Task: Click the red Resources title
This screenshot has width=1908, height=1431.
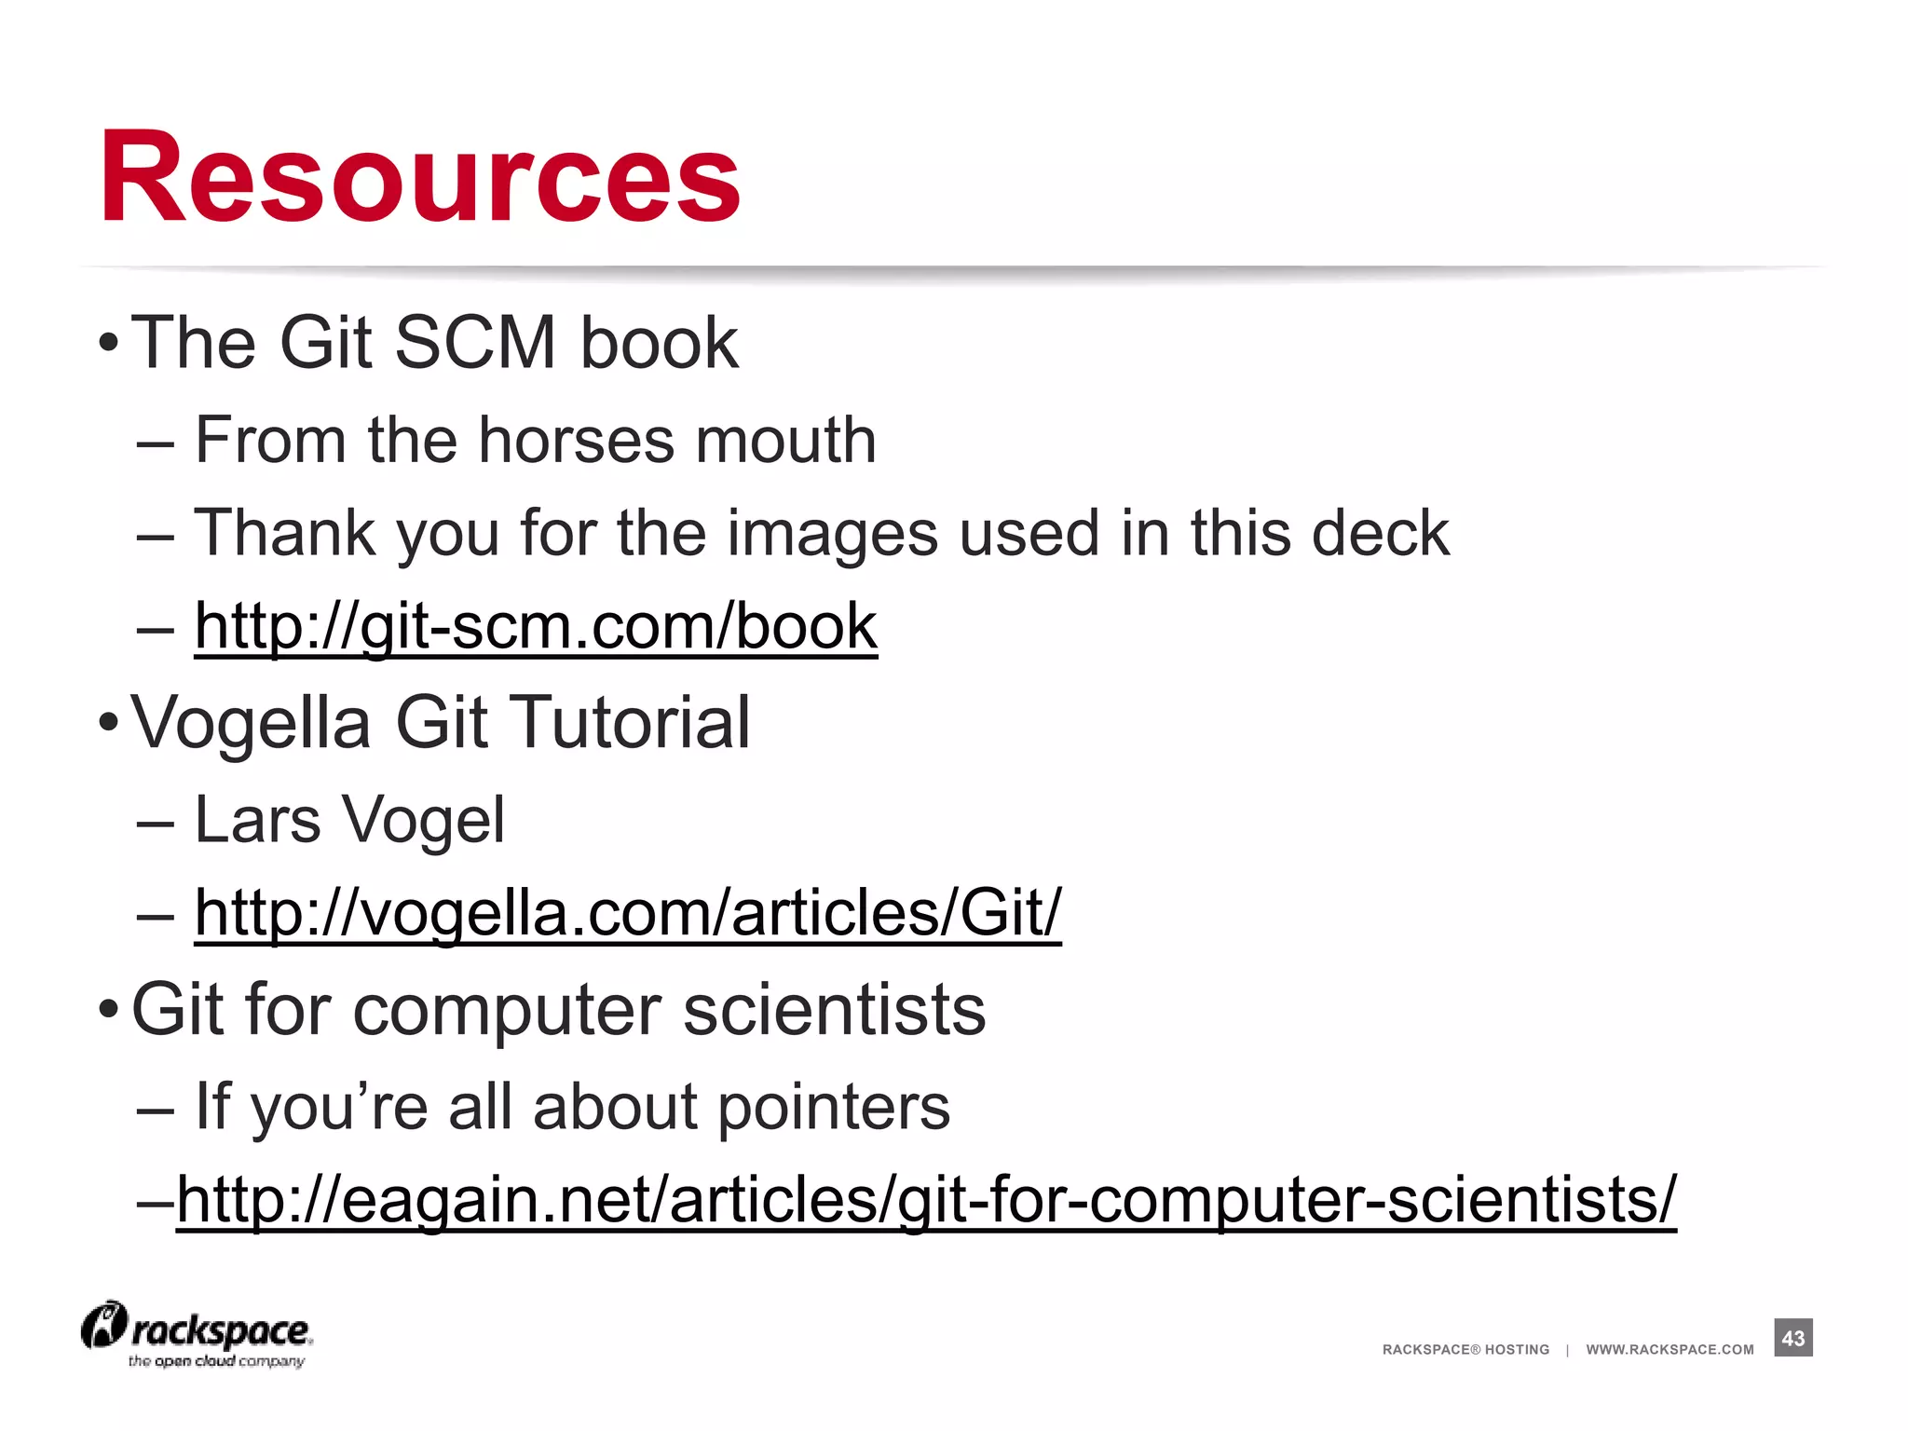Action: [x=419, y=177]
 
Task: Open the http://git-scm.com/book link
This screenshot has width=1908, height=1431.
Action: [x=536, y=626]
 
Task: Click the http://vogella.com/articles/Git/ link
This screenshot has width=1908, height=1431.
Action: [x=627, y=913]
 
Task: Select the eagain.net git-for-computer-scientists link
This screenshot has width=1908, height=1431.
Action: [x=926, y=1200]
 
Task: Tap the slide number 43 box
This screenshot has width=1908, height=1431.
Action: [x=1792, y=1338]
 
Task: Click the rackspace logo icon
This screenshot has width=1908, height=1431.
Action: [x=103, y=1326]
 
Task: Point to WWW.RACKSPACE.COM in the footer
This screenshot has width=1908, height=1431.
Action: [x=1669, y=1350]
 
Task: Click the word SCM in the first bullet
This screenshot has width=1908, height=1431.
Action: [x=475, y=343]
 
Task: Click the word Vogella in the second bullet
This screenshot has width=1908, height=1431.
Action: [x=251, y=723]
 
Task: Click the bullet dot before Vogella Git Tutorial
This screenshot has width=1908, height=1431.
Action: [x=108, y=723]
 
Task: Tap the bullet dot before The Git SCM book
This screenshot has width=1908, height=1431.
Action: [x=108, y=343]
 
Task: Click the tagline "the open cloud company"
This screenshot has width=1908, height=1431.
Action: [x=216, y=1362]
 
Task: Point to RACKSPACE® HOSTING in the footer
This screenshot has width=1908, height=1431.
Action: [x=1465, y=1350]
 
